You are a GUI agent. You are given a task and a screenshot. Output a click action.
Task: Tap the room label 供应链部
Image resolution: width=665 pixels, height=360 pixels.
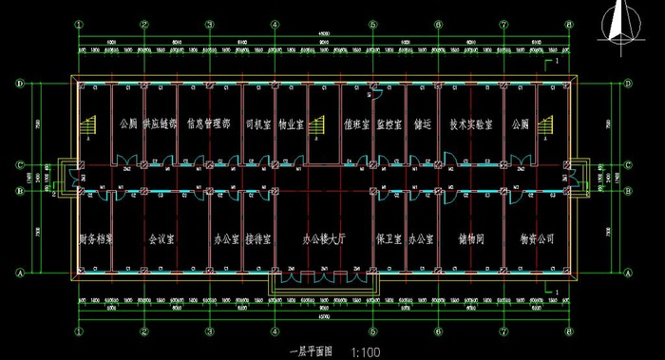pyautogui.click(x=159, y=123)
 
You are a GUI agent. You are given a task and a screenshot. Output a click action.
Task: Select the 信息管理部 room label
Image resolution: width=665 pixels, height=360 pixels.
pyautogui.click(x=209, y=123)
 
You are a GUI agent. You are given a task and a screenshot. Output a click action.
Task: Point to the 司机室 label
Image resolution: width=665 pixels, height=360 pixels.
pyautogui.click(x=258, y=123)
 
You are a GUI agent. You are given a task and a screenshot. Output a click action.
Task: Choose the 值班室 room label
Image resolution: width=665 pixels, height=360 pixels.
pyautogui.click(x=356, y=123)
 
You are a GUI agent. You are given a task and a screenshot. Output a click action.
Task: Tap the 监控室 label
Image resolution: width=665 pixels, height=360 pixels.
pyautogui.click(x=389, y=123)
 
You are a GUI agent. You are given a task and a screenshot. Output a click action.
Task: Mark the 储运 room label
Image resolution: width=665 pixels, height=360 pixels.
pyautogui.click(x=422, y=123)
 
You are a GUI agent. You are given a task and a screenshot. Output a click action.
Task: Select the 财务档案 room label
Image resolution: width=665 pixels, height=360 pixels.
pyautogui.click(x=96, y=238)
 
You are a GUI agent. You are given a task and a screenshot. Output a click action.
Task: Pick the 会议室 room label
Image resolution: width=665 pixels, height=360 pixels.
pyautogui.click(x=161, y=238)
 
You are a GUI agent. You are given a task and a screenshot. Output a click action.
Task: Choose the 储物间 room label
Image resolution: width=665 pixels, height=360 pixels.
pyautogui.click(x=470, y=238)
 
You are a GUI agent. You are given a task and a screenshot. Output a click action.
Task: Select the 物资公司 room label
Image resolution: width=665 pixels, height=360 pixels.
pyautogui.click(x=536, y=238)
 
